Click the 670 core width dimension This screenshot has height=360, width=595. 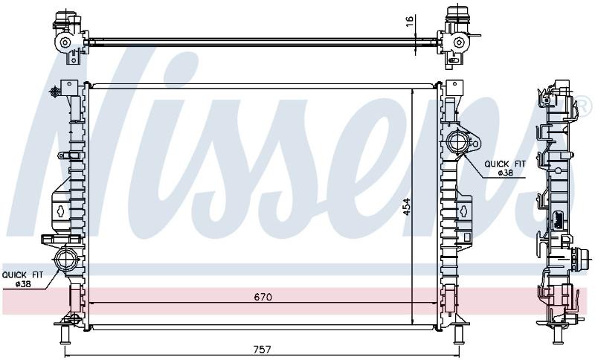coord(263,297)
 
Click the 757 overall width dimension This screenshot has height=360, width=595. coord(263,349)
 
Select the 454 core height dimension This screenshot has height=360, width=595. coord(406,206)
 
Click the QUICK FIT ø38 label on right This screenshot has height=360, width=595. coord(505,168)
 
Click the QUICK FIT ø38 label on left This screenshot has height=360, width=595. coord(23,279)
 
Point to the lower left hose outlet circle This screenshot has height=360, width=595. coord(66,259)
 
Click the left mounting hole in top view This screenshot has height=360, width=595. coord(65,42)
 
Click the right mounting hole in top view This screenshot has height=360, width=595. coord(459,42)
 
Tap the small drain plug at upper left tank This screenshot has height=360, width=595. coord(55,91)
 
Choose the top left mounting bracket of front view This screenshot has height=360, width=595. coord(68,89)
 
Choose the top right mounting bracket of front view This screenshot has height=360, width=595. coord(454,89)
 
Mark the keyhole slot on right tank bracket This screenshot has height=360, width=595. coord(463,211)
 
